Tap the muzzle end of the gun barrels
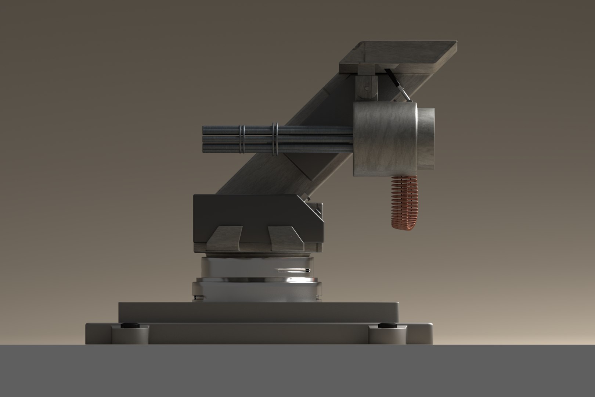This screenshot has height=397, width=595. pos(204,139)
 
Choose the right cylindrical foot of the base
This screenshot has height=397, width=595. pos(387,336)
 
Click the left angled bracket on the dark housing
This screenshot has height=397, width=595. pos(224,237)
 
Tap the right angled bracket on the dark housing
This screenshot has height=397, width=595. pos(285,237)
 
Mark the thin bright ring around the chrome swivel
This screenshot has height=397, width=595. pos(257,281)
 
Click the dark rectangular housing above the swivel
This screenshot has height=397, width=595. pos(257,213)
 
